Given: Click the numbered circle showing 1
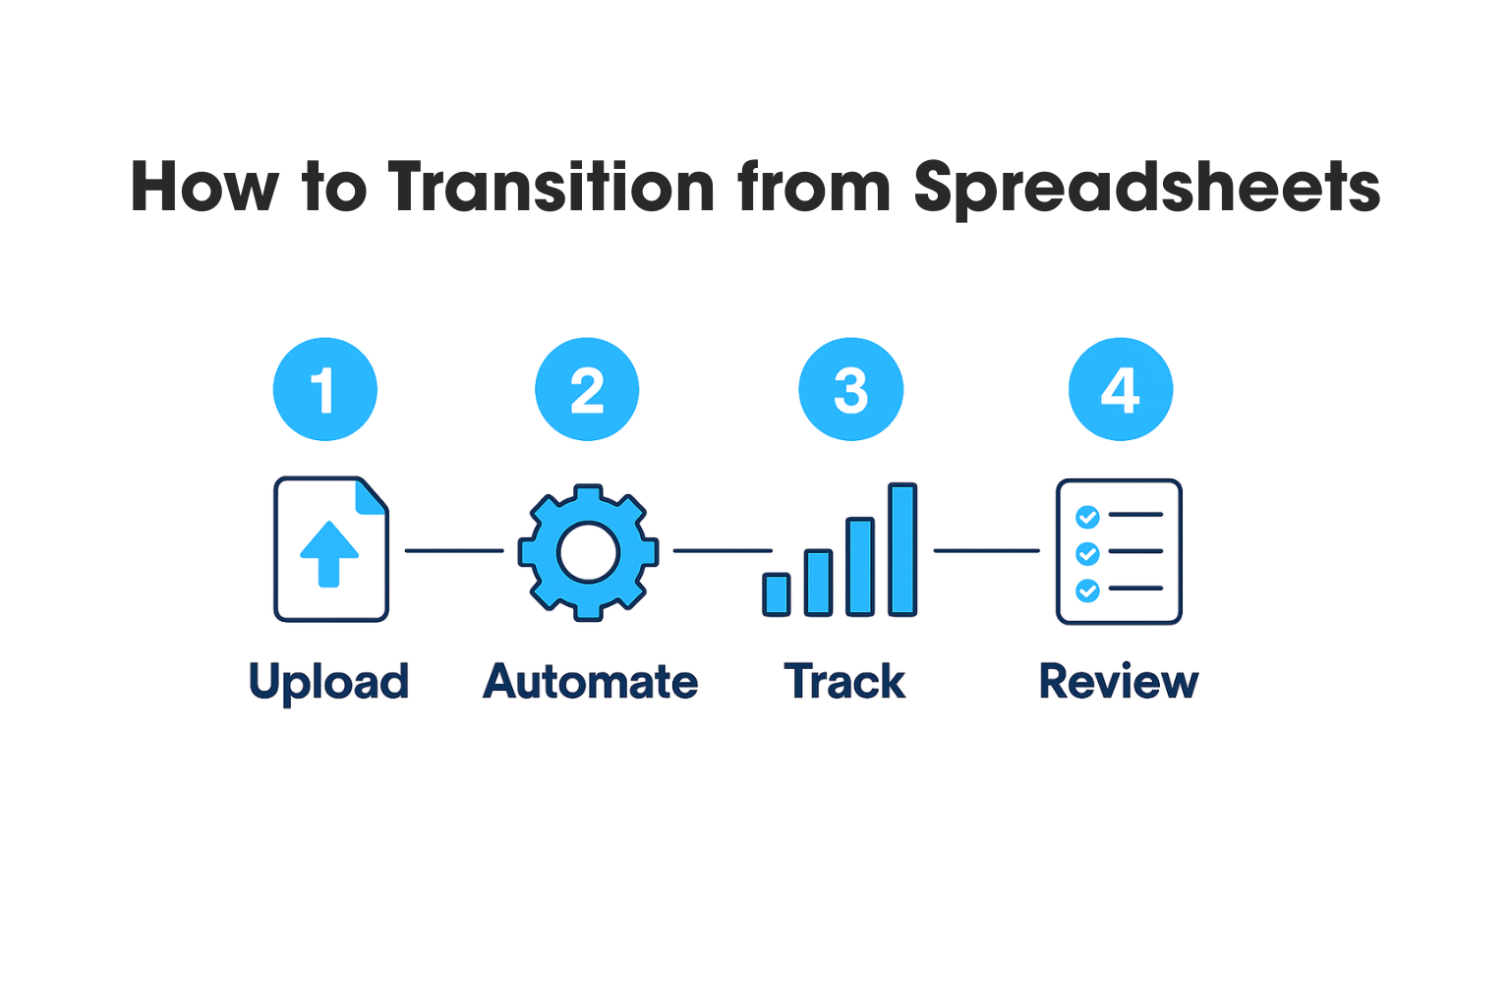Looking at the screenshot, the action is [x=325, y=389].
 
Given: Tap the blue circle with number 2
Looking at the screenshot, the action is [x=587, y=389].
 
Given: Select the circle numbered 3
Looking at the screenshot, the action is [x=850, y=389].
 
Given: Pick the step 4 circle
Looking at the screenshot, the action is [x=1121, y=389].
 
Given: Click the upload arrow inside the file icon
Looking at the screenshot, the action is [x=329, y=554].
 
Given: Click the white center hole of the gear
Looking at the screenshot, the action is [x=588, y=552].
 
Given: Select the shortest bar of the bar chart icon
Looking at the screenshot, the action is [x=777, y=594].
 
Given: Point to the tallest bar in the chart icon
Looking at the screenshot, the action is [x=902, y=549].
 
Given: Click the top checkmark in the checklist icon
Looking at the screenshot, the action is [x=1087, y=517].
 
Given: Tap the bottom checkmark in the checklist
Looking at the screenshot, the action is [x=1087, y=590].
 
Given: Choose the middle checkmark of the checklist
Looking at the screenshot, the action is [x=1087, y=553].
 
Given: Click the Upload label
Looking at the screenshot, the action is [x=329, y=683].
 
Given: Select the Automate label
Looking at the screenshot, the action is [x=591, y=681].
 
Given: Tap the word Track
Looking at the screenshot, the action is [x=844, y=681].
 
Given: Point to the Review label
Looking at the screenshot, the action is [x=1119, y=681].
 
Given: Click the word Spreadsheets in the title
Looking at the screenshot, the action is [x=1146, y=187].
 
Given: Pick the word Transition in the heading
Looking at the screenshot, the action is [x=551, y=187].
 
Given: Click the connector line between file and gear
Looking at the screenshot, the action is [x=454, y=550].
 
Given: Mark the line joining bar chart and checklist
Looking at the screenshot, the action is [x=987, y=550].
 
